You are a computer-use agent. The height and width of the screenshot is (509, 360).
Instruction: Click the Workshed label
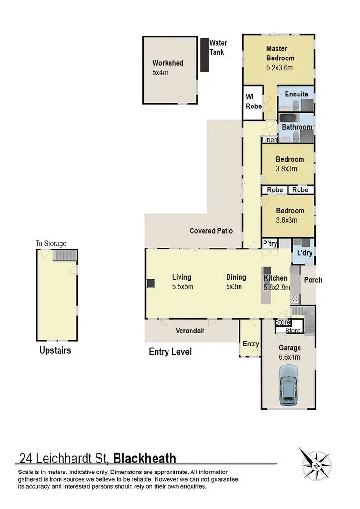tap(168, 63)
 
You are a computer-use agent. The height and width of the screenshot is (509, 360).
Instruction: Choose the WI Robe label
tap(254, 102)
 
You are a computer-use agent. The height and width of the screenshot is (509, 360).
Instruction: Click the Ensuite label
tap(297, 94)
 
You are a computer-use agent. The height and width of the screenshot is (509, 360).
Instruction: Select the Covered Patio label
tap(211, 231)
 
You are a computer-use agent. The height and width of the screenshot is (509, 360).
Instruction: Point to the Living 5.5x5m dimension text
tap(182, 287)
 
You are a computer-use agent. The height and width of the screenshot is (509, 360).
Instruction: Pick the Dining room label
tap(236, 277)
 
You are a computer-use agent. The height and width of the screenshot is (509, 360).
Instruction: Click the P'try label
tap(270, 244)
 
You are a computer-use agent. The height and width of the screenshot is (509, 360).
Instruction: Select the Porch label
tap(313, 280)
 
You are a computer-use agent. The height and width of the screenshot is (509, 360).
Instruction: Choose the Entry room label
tap(251, 343)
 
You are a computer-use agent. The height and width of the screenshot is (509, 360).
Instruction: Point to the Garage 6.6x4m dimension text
tap(290, 357)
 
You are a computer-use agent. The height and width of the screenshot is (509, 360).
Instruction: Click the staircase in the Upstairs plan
tap(64, 255)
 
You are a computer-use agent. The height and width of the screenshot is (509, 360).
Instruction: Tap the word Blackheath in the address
tap(144, 458)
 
